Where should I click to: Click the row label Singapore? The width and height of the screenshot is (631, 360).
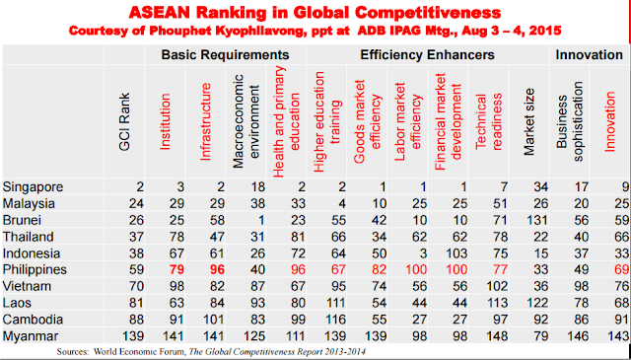(x=33, y=187)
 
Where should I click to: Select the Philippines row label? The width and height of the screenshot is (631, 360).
(x=35, y=270)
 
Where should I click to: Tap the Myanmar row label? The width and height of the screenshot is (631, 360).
(x=31, y=336)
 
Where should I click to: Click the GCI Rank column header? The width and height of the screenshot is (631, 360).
(x=125, y=122)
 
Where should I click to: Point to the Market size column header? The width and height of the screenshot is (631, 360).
(x=529, y=122)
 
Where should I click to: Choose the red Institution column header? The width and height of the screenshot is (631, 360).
(x=165, y=122)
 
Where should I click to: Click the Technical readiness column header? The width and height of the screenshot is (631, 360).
(x=489, y=122)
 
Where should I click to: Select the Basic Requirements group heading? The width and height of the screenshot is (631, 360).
(x=226, y=55)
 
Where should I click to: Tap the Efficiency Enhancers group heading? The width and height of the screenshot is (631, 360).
(x=427, y=55)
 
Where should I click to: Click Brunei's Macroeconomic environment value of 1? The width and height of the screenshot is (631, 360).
(x=261, y=220)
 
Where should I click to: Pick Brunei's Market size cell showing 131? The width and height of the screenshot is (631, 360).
(x=536, y=220)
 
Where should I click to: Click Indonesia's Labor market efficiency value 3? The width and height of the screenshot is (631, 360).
(x=423, y=253)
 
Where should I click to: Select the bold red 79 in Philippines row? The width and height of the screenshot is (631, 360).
(x=175, y=270)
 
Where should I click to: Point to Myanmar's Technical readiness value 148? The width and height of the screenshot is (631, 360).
(x=496, y=336)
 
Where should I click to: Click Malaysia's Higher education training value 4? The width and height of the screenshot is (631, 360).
(x=342, y=204)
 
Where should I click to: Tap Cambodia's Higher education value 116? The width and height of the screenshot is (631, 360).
(x=334, y=320)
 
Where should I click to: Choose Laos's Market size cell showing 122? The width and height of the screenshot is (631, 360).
(x=536, y=303)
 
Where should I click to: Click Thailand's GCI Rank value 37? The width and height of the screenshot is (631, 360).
(x=136, y=237)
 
